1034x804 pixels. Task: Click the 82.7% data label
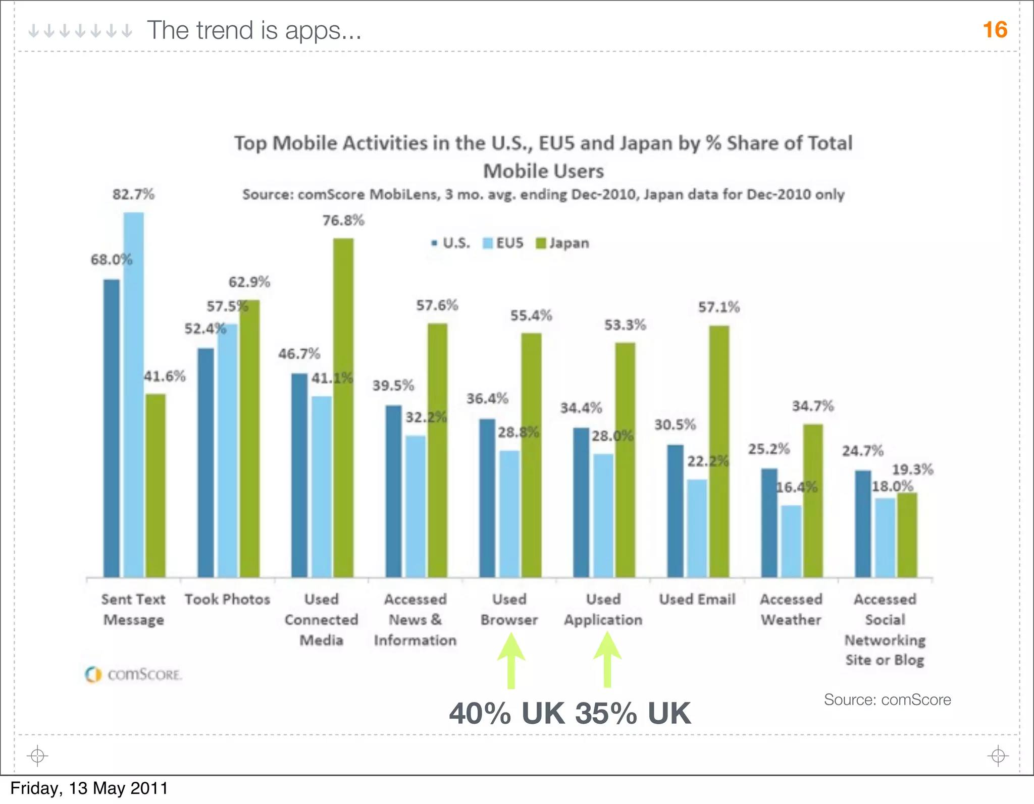[133, 194]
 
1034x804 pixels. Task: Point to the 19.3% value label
[912, 469]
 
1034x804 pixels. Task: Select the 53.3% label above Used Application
[625, 325]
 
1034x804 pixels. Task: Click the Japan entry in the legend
[562, 243]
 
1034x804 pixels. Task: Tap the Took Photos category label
[227, 600]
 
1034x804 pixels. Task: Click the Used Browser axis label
[509, 610]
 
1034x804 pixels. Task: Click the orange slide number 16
[995, 30]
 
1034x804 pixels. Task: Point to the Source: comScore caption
[887, 700]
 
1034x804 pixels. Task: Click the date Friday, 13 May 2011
[89, 788]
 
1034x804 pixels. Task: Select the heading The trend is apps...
[254, 30]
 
